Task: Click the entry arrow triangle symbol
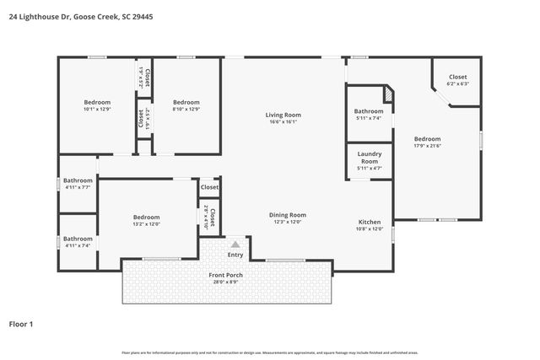click(x=235, y=244)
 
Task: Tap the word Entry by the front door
click(x=235, y=255)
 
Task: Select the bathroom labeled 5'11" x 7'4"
click(x=369, y=115)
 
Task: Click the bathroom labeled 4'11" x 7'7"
click(x=78, y=183)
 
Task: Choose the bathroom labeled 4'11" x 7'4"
click(x=78, y=242)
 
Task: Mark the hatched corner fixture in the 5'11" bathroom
click(x=388, y=94)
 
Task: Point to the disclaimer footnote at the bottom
click(x=270, y=353)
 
